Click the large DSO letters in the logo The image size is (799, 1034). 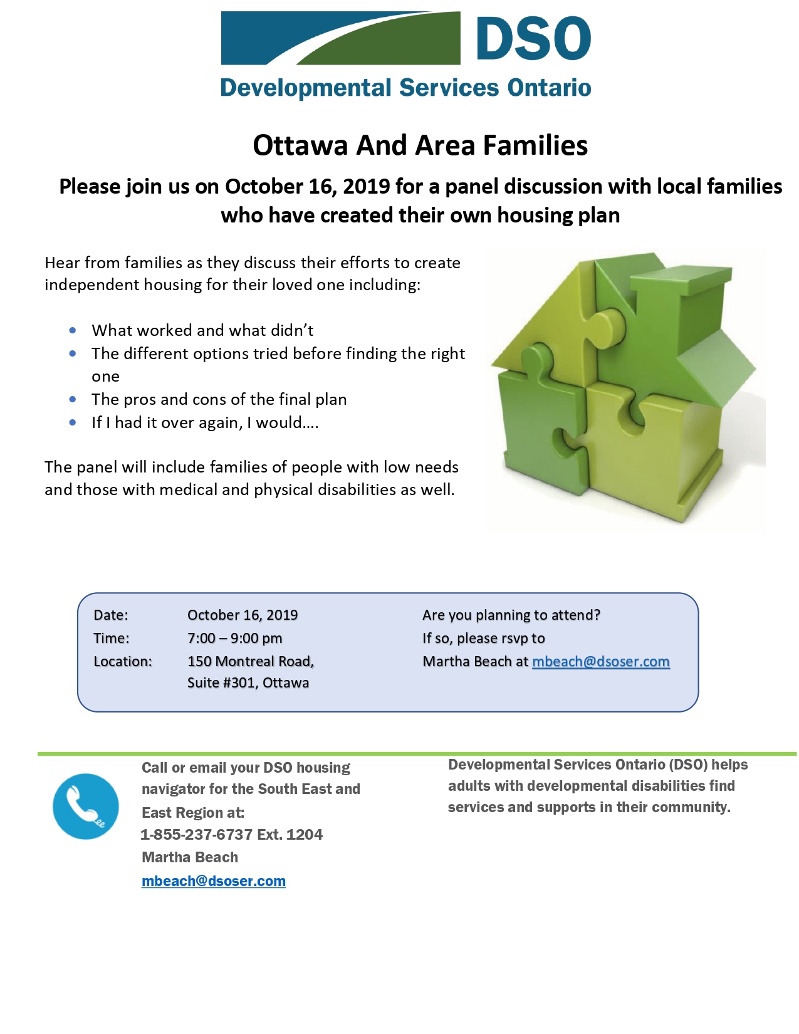[x=533, y=39]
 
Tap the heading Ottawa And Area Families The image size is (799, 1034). [x=420, y=145]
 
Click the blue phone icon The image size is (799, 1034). [x=86, y=807]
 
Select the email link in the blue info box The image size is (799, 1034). [x=600, y=662]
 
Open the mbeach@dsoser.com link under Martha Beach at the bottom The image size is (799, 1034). [x=213, y=881]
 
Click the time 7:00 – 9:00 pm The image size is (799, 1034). [x=234, y=639]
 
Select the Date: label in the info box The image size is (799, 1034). [x=110, y=615]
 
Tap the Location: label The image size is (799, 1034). [x=122, y=662]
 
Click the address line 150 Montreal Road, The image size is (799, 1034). [x=250, y=662]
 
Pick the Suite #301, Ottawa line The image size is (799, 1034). [x=248, y=683]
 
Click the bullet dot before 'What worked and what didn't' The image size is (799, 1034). [x=73, y=330]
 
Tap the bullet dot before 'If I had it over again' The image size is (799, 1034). [x=73, y=422]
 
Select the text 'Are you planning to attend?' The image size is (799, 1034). [x=511, y=615]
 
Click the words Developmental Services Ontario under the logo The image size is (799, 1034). [x=405, y=88]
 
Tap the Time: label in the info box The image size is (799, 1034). [x=111, y=639]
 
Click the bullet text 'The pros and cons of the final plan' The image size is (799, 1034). [x=219, y=400]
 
